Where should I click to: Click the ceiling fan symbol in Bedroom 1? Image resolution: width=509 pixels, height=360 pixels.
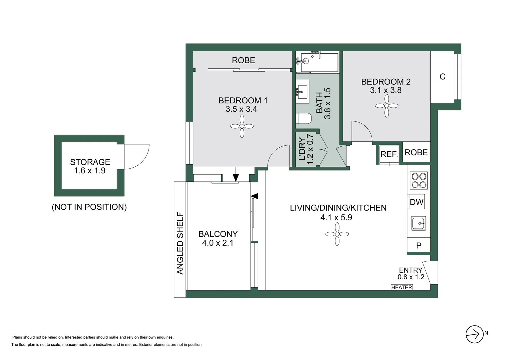point(242,126)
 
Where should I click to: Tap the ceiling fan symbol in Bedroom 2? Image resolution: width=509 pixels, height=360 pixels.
point(386,106)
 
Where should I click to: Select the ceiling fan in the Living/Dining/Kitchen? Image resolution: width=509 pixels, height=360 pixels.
point(337,234)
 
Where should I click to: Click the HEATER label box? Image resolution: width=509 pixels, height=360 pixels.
point(401,287)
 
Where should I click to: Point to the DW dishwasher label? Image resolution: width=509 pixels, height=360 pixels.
point(416,202)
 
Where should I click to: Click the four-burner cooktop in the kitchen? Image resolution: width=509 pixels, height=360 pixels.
point(419,181)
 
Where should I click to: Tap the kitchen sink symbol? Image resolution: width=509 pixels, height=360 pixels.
point(418,223)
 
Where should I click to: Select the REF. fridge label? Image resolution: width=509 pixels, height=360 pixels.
point(389,154)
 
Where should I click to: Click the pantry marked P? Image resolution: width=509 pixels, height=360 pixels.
point(419,245)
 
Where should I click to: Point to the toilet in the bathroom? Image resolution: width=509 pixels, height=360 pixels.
point(303,118)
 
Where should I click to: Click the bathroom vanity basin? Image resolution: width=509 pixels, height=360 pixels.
point(302,92)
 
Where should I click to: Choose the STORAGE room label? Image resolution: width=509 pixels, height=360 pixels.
point(90,162)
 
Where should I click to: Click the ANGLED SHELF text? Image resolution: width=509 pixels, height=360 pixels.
point(180,243)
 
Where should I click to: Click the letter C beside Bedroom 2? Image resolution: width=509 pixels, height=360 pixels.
point(442,77)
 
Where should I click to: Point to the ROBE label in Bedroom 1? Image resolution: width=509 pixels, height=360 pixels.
point(244,60)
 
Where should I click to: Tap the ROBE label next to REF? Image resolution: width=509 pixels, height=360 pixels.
point(416,152)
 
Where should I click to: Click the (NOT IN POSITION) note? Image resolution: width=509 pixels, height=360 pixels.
point(89,207)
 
